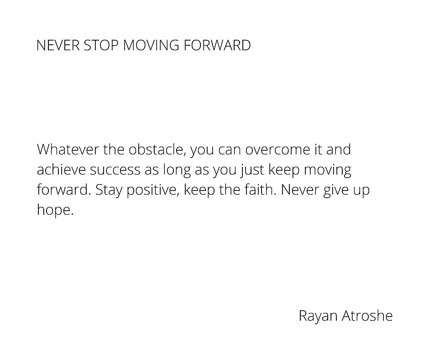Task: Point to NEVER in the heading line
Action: [x=58, y=46]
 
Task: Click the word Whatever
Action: [x=68, y=149]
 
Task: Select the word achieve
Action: [x=61, y=169]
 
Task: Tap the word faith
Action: [x=260, y=190]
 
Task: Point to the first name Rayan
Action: [x=318, y=316]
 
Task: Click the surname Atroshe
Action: [x=367, y=316]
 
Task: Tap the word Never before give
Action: [x=300, y=190]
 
